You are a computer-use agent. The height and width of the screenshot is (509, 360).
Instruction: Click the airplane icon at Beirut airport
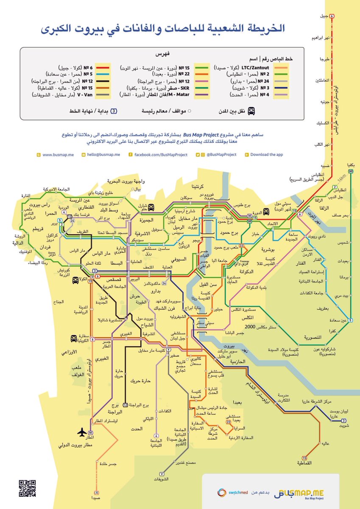pyautogui.click(x=81, y=432)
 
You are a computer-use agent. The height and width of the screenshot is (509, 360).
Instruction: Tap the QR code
pyautogui.click(x=27, y=488)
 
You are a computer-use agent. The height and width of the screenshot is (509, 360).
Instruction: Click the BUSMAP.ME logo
pyautogui.click(x=299, y=493)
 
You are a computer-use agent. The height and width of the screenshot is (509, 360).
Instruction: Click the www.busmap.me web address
pyautogui.click(x=58, y=155)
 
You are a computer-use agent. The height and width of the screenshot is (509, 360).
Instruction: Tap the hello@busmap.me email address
pyautogui.click(x=104, y=155)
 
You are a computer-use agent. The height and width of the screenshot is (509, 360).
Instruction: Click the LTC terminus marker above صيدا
pyautogui.click(x=97, y=493)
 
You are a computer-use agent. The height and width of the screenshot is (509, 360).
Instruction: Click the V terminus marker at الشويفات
pyautogui.click(x=161, y=473)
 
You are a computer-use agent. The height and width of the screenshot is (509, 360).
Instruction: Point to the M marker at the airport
pyautogui.click(x=90, y=433)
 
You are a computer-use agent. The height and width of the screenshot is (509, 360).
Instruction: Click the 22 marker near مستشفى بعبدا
pyautogui.click(x=229, y=422)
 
